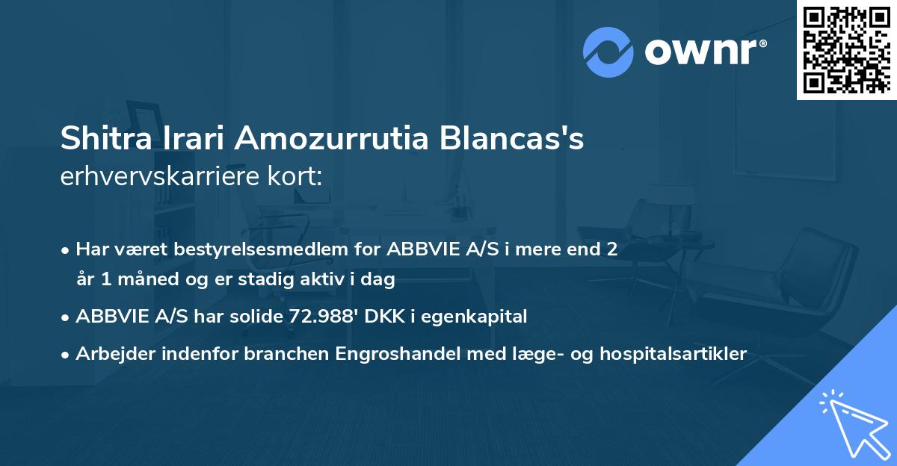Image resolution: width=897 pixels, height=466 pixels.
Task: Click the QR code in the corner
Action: (846, 49)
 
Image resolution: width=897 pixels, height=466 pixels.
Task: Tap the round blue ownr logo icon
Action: (608, 52)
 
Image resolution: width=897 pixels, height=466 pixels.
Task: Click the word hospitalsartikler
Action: (678, 353)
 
